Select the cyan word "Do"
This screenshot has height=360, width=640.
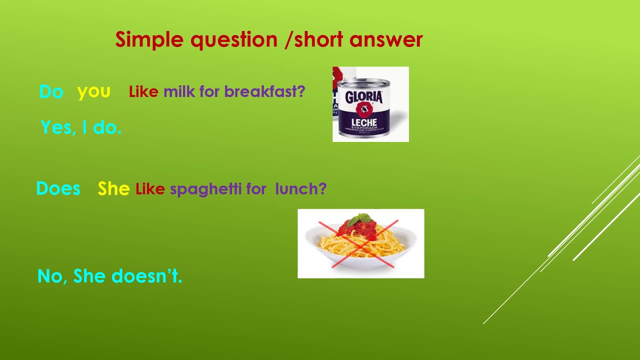pos(51,91)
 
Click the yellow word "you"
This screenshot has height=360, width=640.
pos(93,91)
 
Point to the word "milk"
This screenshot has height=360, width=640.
pos(179,91)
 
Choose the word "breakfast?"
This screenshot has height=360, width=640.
pos(264,91)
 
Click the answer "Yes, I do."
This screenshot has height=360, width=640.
pos(81,127)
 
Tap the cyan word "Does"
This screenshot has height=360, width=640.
pos(58,188)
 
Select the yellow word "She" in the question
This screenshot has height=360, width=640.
pos(113,189)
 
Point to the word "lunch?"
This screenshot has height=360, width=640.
pos(300,189)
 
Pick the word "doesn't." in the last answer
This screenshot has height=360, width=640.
pos(146,276)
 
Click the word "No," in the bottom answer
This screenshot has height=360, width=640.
pos(52,276)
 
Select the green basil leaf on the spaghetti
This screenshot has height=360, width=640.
pos(360,218)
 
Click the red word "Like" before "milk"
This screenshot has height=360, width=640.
pos(143,91)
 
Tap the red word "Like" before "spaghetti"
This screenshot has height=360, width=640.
pos(150,189)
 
